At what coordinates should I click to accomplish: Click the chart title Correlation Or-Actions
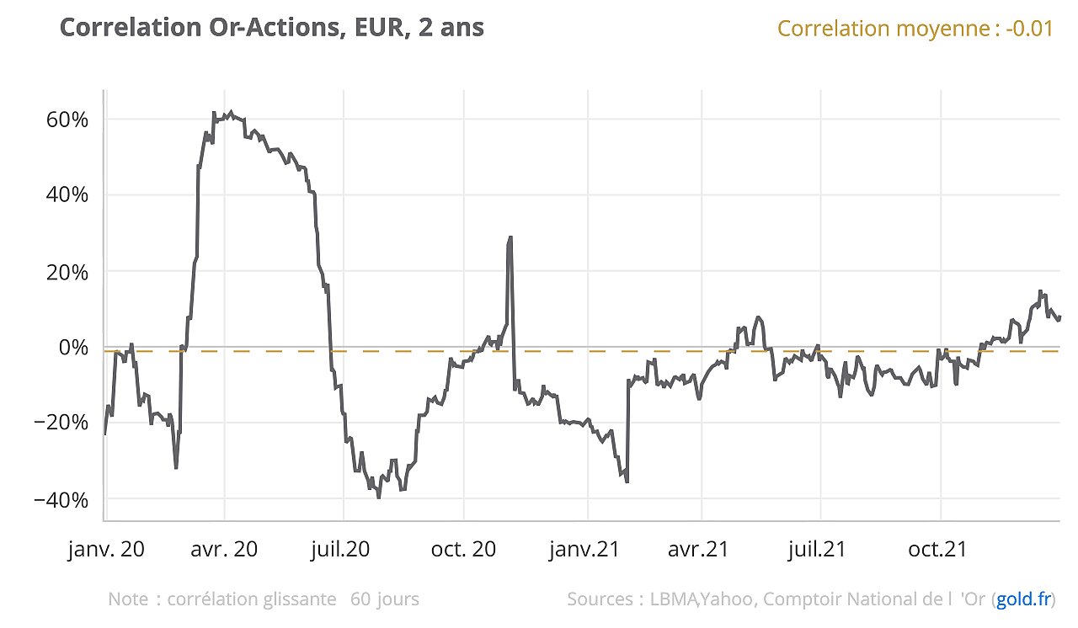point(272,28)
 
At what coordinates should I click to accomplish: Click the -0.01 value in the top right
point(1028,29)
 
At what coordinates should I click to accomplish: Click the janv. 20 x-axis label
point(106,550)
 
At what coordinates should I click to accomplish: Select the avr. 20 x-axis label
point(224,550)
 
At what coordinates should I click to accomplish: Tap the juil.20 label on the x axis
point(340,550)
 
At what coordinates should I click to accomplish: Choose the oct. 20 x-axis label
point(462,550)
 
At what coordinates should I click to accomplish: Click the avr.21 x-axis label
point(698,550)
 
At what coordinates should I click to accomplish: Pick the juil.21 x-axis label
point(816,550)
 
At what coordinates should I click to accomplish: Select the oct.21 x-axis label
point(937,550)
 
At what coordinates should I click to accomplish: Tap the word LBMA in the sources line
point(673,600)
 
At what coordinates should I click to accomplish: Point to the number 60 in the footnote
point(360,600)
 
